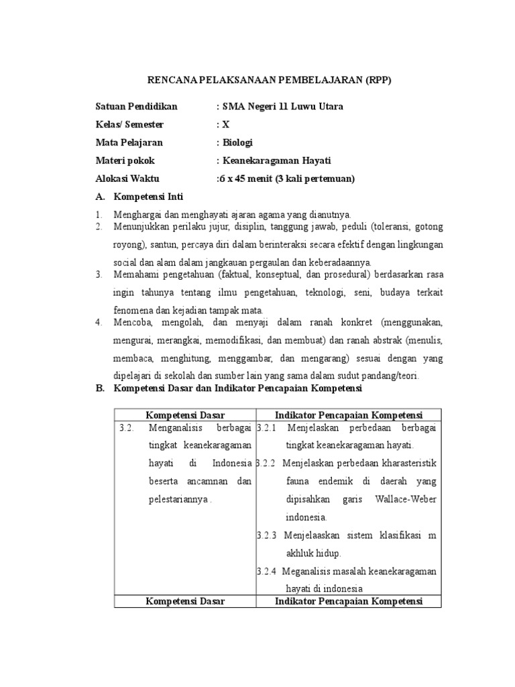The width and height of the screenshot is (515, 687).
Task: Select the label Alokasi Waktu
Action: [x=127, y=178]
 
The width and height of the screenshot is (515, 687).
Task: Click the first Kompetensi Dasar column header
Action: [x=185, y=415]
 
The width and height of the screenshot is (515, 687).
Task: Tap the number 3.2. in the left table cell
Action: [x=127, y=428]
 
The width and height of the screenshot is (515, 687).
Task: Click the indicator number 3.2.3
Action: [x=266, y=536]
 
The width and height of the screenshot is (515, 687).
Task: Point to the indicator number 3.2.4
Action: [x=266, y=572]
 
